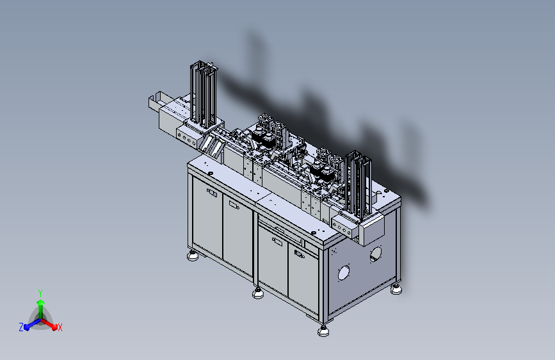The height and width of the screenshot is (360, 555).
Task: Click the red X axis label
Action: click(60, 328)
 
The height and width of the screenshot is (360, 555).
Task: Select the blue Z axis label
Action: click(21, 327)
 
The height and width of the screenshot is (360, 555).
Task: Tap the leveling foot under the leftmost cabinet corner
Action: click(193, 256)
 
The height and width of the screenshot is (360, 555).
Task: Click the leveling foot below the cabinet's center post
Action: click(258, 293)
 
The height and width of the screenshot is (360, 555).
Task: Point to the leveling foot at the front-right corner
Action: click(323, 331)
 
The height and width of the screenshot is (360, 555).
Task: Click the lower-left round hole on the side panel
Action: click(344, 273)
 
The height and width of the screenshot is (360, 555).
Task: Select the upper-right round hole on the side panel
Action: click(376, 255)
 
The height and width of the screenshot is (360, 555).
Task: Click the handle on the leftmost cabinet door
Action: click(213, 192)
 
